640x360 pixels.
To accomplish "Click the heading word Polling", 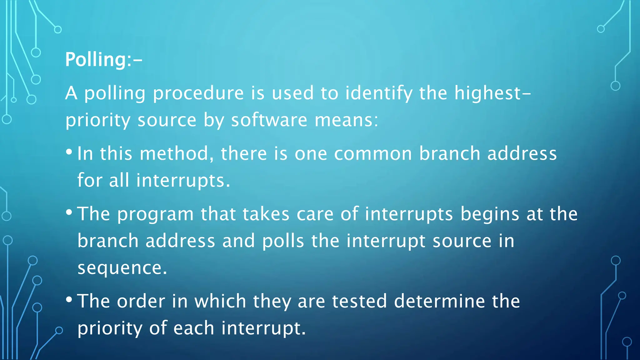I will [x=95, y=59].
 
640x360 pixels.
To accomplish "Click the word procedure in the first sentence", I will [x=198, y=93].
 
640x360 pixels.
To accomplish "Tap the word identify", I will [x=378, y=93].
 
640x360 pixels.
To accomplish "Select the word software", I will [x=269, y=120].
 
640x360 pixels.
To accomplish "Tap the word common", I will [x=373, y=153].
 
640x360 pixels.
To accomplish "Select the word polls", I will [x=283, y=241].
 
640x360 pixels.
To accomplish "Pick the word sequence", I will [x=122, y=268].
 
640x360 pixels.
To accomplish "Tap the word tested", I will [x=359, y=301].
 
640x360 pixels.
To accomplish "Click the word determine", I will [x=439, y=301].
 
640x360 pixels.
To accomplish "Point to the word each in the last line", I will [x=193, y=328].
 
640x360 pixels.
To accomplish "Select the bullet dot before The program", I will [x=69, y=213].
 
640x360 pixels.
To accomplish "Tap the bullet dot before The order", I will [x=69, y=300].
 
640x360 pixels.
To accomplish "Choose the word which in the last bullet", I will [x=220, y=301].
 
